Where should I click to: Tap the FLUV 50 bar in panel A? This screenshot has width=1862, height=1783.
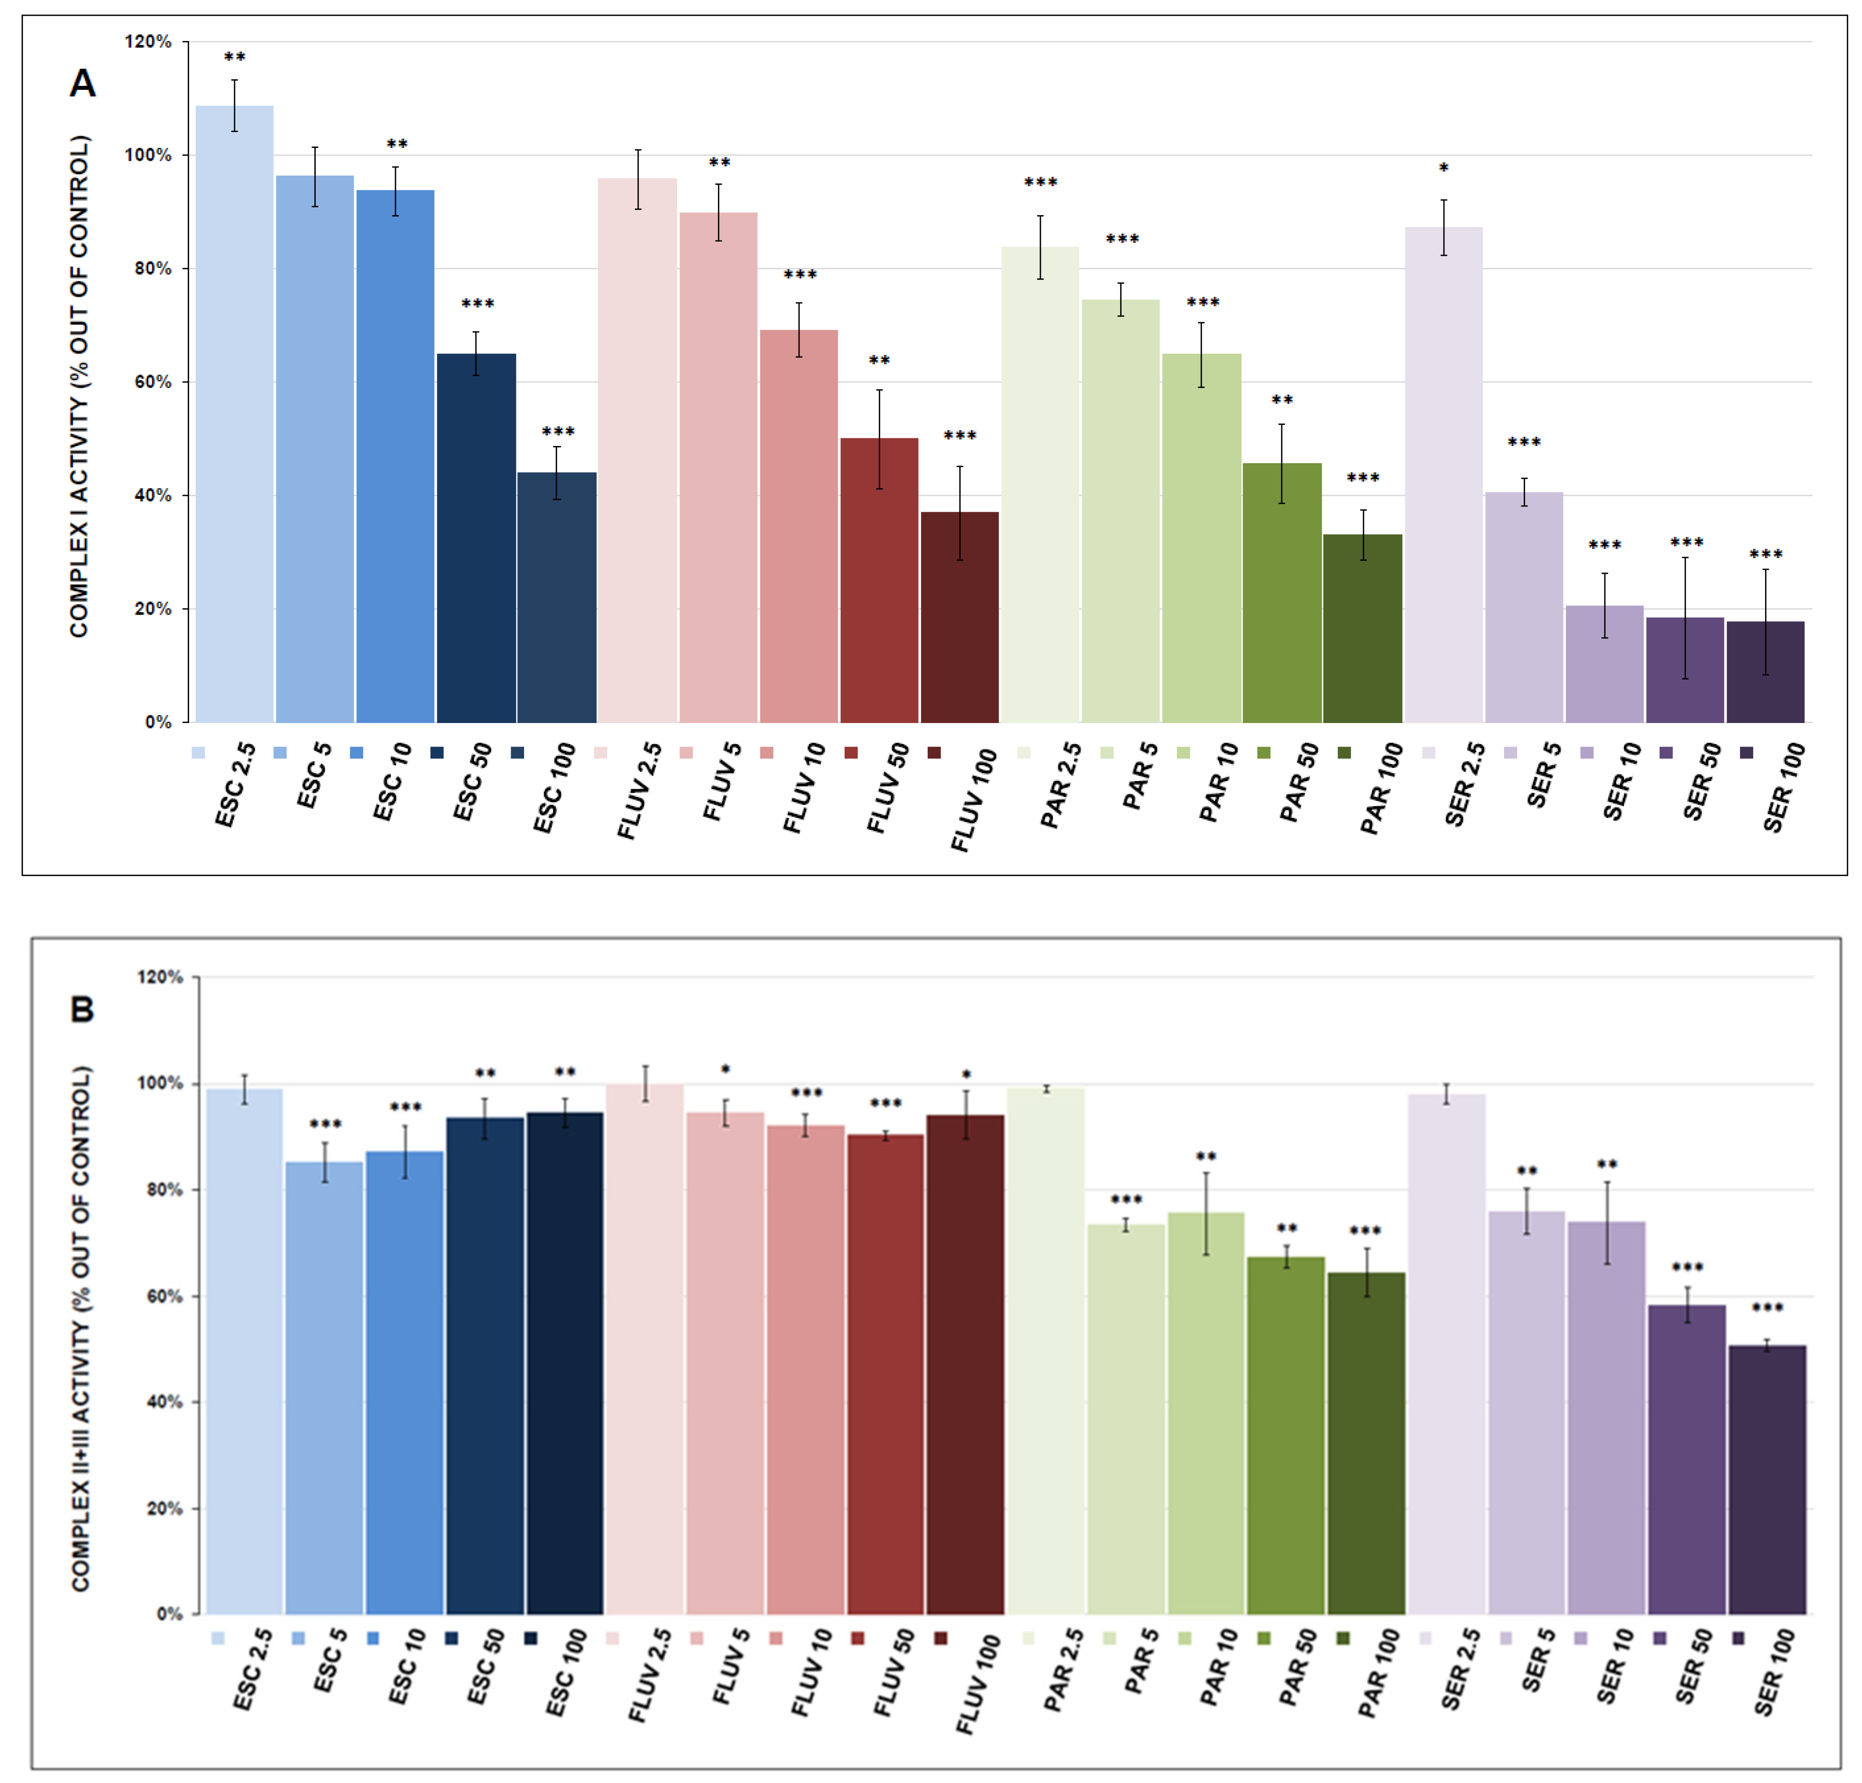[x=879, y=580]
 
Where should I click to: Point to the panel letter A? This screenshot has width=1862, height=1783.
[x=83, y=84]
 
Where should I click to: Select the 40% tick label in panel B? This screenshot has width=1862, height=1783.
[x=163, y=1402]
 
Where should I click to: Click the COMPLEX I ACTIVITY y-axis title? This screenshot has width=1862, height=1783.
[x=79, y=385]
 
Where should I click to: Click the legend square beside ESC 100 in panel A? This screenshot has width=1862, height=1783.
[x=517, y=753]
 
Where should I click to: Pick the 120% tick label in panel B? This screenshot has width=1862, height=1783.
[x=160, y=977]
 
